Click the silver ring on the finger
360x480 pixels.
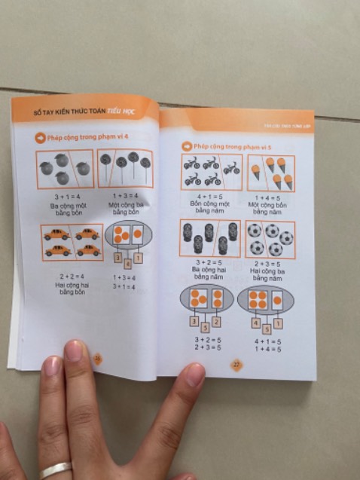point(56,469)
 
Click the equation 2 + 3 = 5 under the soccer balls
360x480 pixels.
point(269,264)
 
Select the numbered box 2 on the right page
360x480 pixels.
point(216,322)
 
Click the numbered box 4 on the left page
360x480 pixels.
point(127,263)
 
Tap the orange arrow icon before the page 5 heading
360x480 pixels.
point(184,145)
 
